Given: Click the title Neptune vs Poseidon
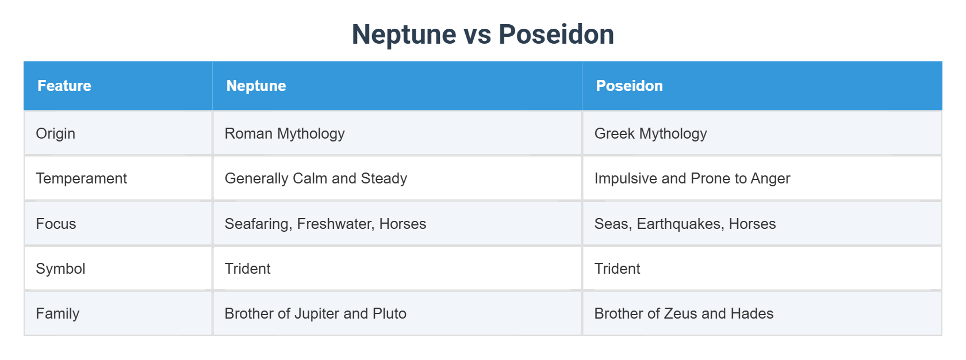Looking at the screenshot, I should [x=483, y=35].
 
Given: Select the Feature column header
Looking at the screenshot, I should [x=64, y=86].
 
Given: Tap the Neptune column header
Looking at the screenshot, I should [x=256, y=86].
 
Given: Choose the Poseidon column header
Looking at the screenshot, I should [x=629, y=86].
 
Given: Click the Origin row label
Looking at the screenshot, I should [x=56, y=133].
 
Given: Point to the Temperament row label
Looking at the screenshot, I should [x=81, y=178].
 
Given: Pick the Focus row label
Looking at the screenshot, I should [x=56, y=224].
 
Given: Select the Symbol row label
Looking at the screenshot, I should [x=60, y=269].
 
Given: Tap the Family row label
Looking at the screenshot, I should [x=57, y=313].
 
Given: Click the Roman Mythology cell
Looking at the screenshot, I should [x=285, y=133].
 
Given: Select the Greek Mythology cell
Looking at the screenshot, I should [x=650, y=133].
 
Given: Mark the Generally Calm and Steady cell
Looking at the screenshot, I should [x=316, y=178].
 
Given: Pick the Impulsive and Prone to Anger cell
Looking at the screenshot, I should [x=692, y=178].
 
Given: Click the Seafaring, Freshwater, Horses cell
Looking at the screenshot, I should [x=325, y=224].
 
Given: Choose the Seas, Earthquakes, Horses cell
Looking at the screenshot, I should [x=685, y=224].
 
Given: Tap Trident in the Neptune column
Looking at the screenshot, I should [x=247, y=269].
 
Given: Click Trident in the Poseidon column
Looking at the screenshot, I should [x=617, y=269].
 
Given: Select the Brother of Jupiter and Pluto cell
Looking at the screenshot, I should [x=315, y=313].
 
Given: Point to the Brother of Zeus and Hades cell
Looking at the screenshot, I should [x=684, y=313].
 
